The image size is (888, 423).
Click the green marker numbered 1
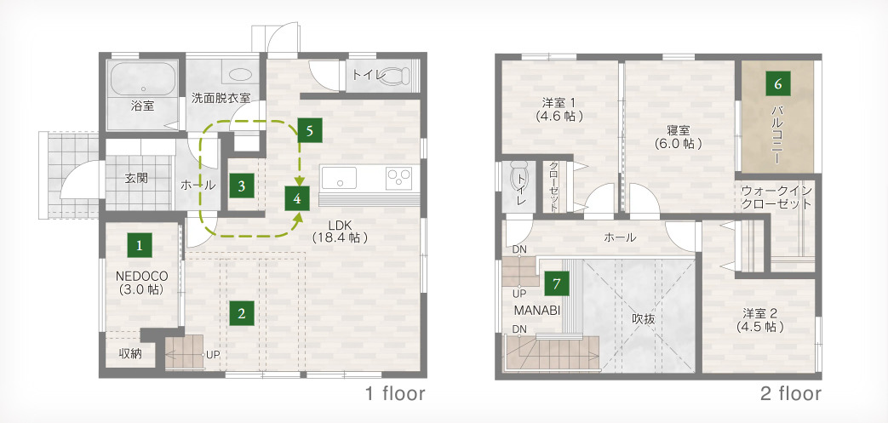(140, 246)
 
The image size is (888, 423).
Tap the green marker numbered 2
(242, 313)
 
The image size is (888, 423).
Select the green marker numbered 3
(242, 186)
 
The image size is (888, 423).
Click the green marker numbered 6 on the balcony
(778, 83)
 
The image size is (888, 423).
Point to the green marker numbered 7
(557, 283)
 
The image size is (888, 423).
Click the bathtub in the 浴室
(143, 79)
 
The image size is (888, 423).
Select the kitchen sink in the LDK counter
(339, 179)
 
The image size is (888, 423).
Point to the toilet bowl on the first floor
(397, 75)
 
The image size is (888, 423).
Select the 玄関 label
(136, 178)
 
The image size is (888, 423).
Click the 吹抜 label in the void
(644, 319)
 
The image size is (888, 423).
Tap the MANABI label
(537, 311)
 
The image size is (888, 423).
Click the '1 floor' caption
(395, 393)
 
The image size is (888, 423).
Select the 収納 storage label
(129, 354)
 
